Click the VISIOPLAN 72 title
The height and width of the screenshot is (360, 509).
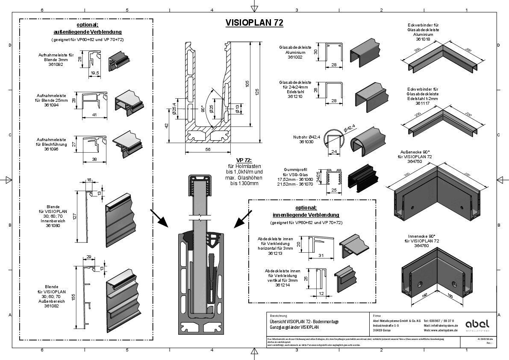tap(254, 23)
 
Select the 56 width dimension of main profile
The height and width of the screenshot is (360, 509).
tap(208, 150)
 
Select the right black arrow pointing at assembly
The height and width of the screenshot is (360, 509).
tap(242, 218)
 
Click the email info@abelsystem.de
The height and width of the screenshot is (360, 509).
tap(441, 325)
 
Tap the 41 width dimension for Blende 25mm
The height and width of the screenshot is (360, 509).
tap(94, 115)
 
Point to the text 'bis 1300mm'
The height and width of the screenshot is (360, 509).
tap(244, 183)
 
